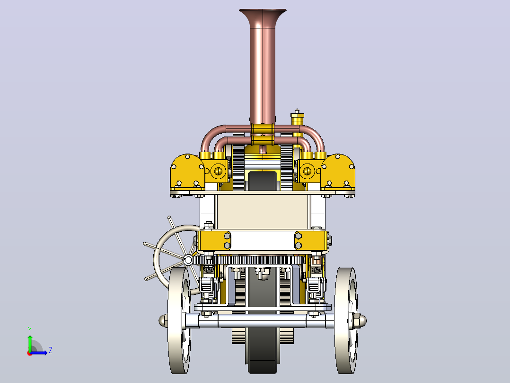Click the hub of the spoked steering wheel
(188, 260)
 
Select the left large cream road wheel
(180, 321)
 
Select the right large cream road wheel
(346, 321)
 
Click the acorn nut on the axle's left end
(163, 320)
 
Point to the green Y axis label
(30, 329)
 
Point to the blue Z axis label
(51, 350)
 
